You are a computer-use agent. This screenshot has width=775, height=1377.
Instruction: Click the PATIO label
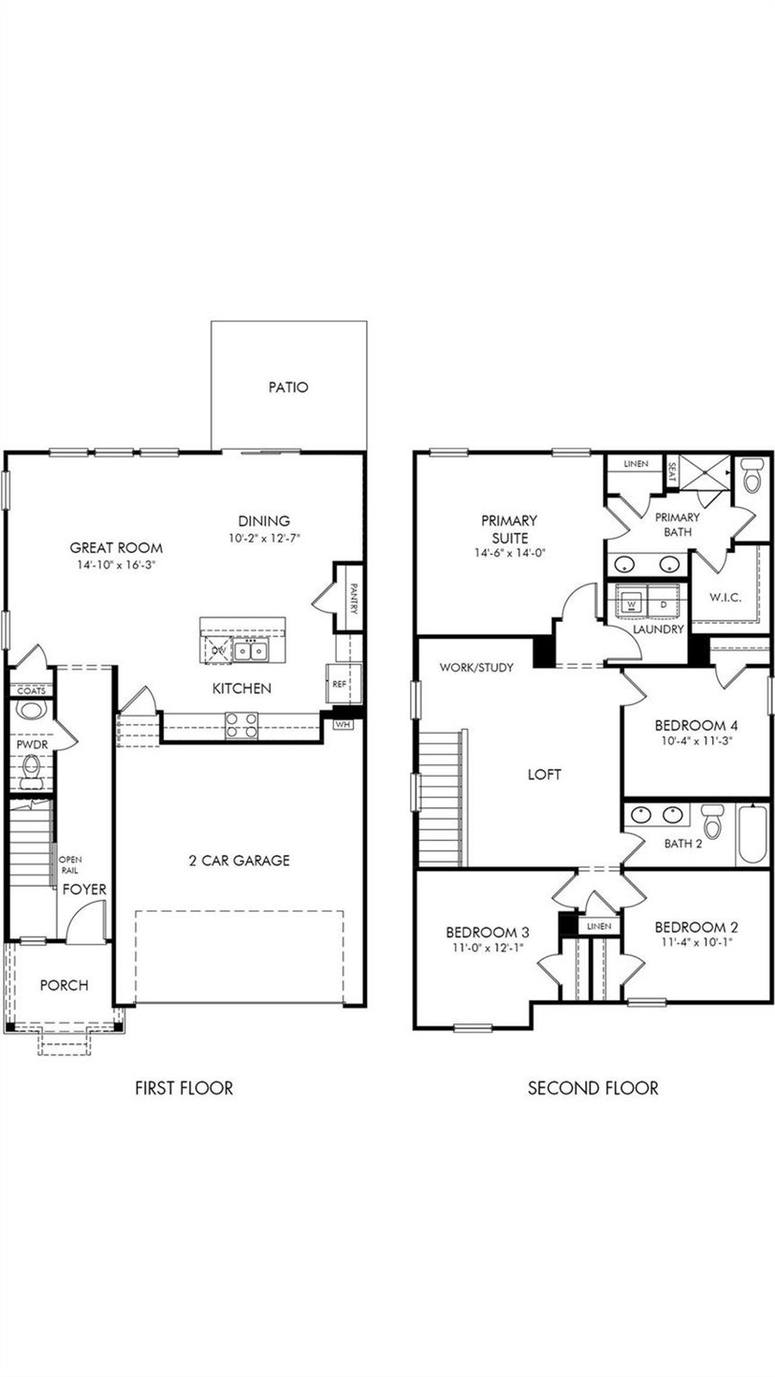point(288,387)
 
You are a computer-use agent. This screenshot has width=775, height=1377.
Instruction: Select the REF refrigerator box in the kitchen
point(340,684)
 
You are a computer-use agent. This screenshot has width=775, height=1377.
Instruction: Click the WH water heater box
point(343,724)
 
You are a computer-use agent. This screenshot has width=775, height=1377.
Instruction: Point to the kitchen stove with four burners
point(242,725)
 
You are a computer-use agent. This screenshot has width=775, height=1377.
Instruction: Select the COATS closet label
point(31,691)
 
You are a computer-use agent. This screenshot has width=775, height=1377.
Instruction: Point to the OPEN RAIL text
point(70,864)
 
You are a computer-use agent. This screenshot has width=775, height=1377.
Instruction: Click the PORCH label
point(64,985)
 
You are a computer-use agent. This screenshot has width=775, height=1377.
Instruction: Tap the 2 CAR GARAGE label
point(239,860)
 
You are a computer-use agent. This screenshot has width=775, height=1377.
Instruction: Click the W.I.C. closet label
point(725,597)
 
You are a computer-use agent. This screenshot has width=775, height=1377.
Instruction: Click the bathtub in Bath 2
point(752,836)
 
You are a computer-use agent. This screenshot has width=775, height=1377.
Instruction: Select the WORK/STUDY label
point(477,668)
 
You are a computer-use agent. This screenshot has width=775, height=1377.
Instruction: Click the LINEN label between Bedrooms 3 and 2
point(599,926)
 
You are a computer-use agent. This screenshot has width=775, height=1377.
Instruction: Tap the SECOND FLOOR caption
point(593,1088)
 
